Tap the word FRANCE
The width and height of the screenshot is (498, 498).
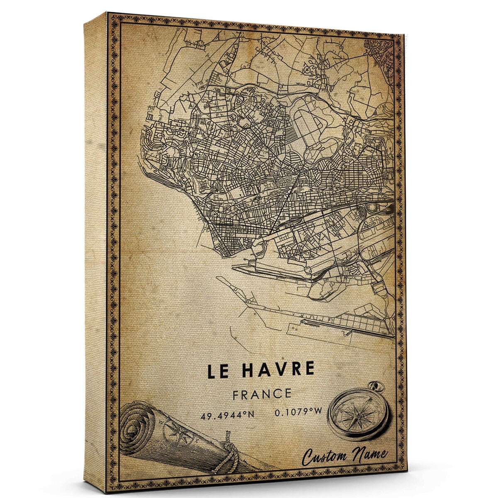261,393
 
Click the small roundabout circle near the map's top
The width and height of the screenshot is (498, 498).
309,66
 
